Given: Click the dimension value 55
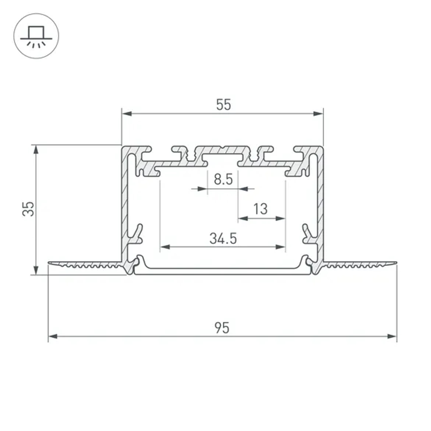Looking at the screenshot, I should tap(224, 105).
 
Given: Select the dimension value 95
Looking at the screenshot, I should tap(222, 328).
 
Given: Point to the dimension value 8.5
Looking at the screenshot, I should tap(223, 179).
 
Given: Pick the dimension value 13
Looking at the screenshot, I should tap(261, 209).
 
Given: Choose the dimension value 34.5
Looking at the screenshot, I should tap(223, 238).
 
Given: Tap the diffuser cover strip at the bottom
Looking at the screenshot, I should tap(222, 272).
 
